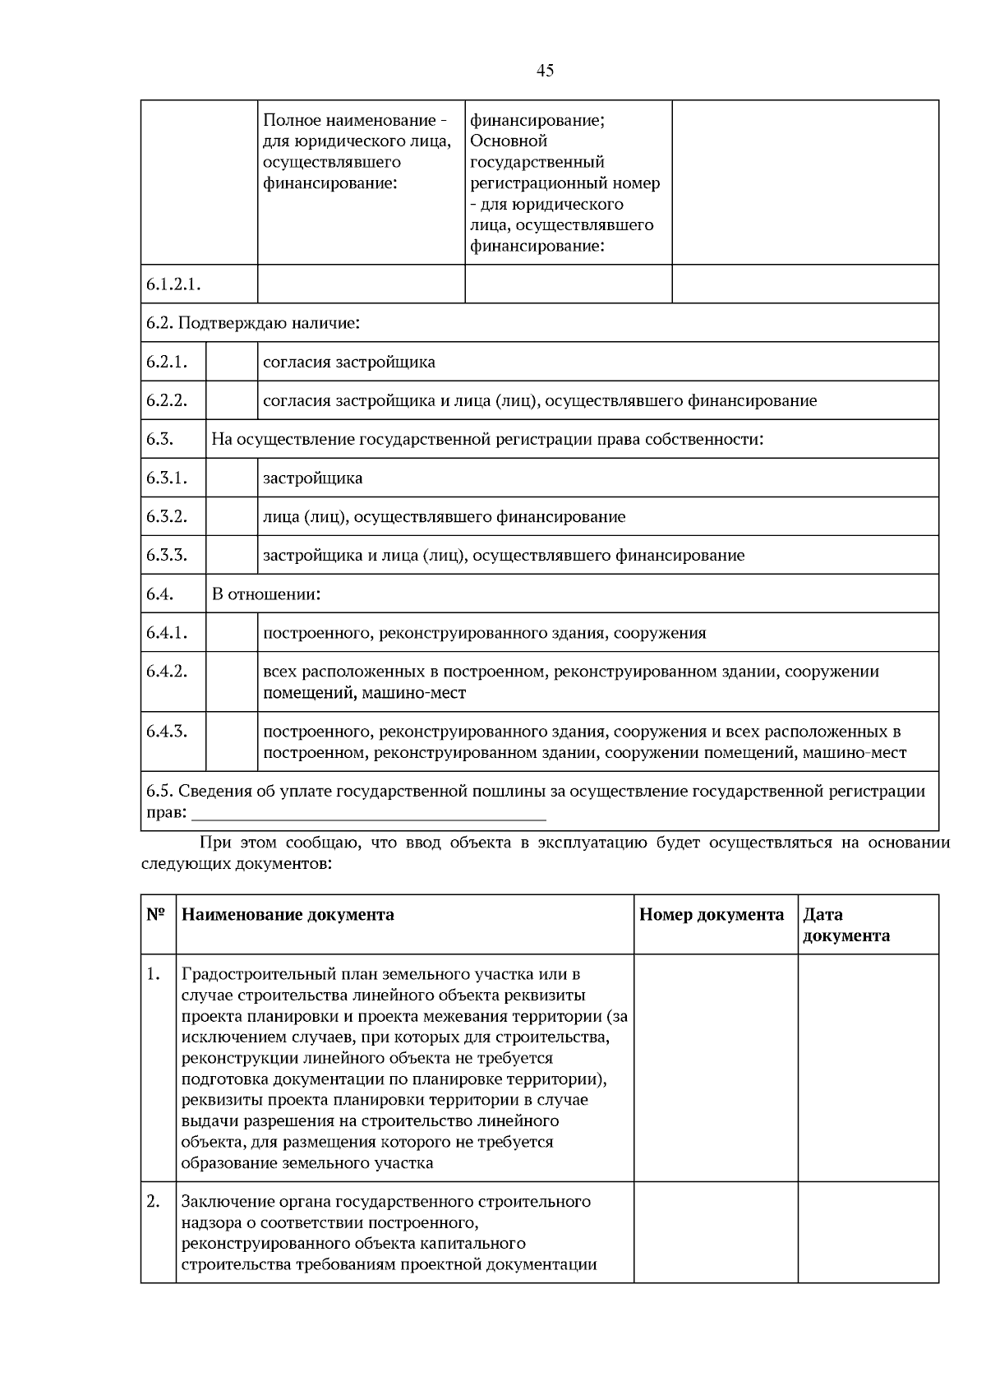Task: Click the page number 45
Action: (545, 71)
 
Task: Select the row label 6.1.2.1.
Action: (174, 284)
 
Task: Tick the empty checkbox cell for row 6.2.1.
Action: (231, 362)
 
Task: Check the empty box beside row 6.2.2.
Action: (231, 400)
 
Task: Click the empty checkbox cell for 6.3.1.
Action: (231, 478)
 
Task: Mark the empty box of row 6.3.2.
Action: (231, 516)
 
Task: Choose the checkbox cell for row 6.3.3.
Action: (231, 555)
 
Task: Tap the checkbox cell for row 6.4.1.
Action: (231, 633)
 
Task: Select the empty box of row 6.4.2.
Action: (231, 681)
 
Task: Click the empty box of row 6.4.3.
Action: (231, 741)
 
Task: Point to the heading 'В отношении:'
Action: (266, 594)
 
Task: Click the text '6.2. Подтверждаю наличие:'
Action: (253, 323)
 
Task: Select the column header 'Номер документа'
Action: (712, 915)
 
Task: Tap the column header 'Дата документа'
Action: (845, 925)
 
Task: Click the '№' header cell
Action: (156, 915)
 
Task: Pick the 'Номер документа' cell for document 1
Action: (715, 1068)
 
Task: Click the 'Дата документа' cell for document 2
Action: (868, 1232)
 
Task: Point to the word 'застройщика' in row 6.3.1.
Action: (312, 478)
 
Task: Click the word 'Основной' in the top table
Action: (509, 141)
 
